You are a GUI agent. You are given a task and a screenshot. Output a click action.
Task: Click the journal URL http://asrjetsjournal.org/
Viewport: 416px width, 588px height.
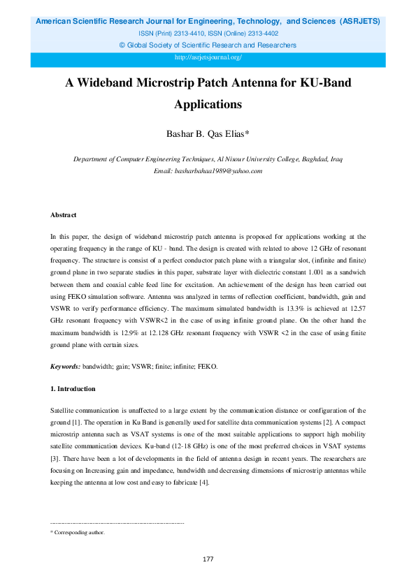[x=208, y=57]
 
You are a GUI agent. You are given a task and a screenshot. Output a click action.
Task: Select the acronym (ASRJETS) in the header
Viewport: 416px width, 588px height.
[x=360, y=22]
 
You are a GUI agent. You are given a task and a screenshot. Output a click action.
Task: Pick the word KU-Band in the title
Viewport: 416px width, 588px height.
[x=323, y=83]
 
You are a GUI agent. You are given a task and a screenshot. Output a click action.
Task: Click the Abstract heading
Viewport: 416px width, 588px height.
[x=64, y=215]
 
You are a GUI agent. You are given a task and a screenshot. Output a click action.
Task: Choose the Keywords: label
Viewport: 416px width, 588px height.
[x=66, y=366]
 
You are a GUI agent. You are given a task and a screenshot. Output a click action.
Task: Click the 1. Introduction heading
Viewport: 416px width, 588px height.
[x=73, y=389]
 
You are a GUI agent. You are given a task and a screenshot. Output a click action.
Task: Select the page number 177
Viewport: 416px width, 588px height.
[x=208, y=559]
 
